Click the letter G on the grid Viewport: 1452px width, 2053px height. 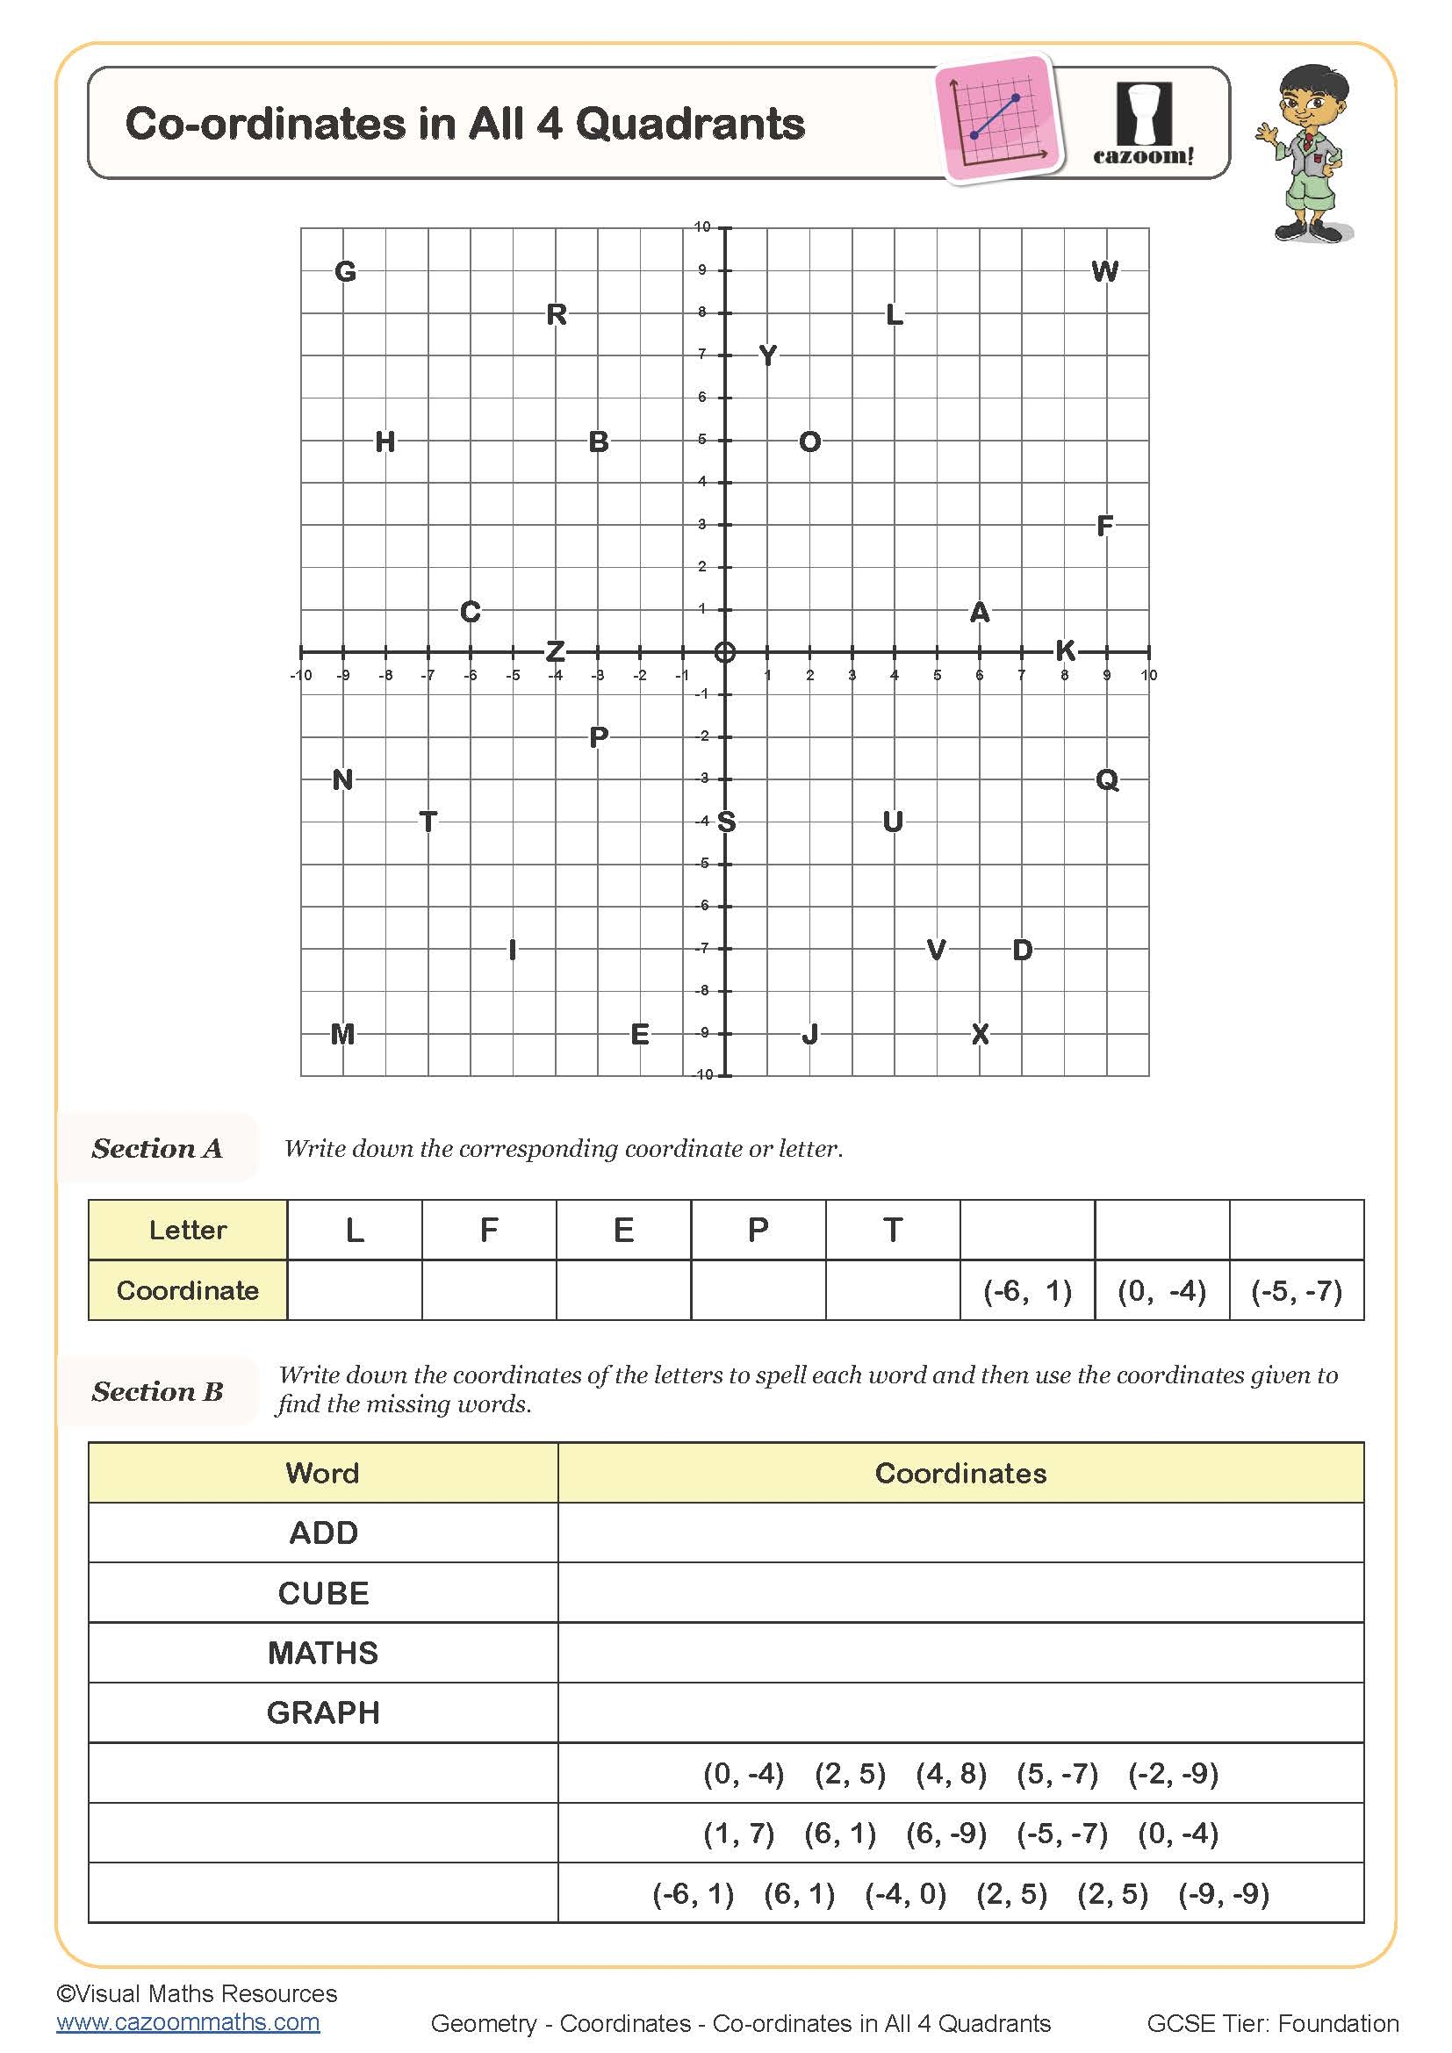[x=345, y=271]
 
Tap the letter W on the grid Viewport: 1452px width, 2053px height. [x=1105, y=271]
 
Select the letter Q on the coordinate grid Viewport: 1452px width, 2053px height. [x=1107, y=779]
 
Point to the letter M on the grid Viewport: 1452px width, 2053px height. [x=342, y=1034]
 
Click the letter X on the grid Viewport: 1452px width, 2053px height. [x=980, y=1034]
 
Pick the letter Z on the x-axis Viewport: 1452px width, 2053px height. [x=555, y=651]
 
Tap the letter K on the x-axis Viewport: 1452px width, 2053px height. [x=1065, y=650]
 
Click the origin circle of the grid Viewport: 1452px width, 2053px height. [x=725, y=652]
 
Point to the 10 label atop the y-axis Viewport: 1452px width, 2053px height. [x=702, y=227]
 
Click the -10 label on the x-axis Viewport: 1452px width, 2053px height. [x=300, y=675]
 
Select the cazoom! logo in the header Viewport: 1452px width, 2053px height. [x=1144, y=124]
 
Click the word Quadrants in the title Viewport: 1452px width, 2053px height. [x=690, y=124]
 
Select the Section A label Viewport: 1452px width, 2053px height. [x=157, y=1148]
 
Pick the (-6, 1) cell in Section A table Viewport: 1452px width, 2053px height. [x=1027, y=1290]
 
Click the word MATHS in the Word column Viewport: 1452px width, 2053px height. [x=323, y=1653]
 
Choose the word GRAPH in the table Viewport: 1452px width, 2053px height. [x=323, y=1712]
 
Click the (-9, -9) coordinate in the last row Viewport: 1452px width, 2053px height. [x=1223, y=1893]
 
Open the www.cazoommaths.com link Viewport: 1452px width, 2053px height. [x=188, y=2021]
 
